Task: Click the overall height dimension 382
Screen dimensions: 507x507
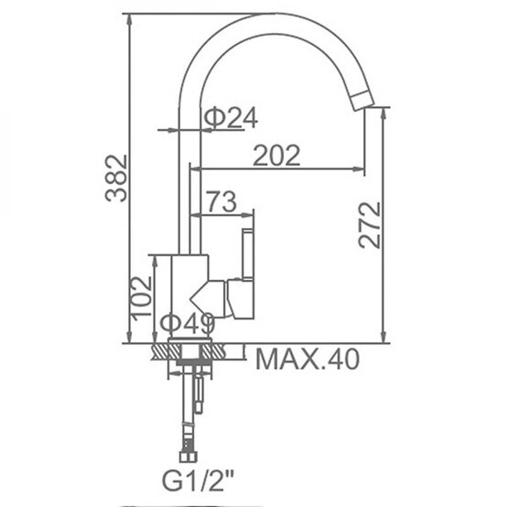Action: pos(116,178)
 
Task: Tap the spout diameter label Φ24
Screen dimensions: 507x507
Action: pos(231,118)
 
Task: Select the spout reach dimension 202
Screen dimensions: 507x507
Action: pos(276,156)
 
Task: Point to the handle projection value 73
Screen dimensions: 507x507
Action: pos(221,201)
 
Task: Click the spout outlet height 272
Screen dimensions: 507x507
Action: pos(370,225)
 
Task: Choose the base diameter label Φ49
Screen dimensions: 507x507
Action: pos(189,323)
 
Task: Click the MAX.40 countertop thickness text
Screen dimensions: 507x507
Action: pos(307,359)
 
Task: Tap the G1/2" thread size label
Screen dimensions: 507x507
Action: pos(198,481)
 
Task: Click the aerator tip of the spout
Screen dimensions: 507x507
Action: pos(362,101)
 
